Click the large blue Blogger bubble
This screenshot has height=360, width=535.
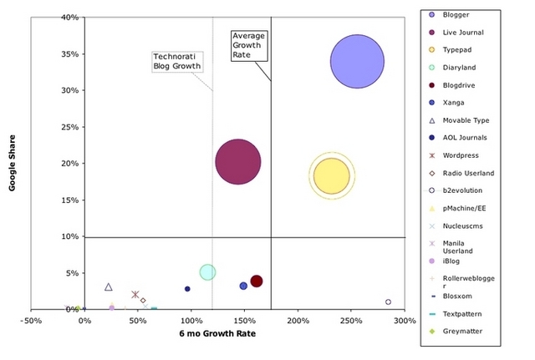coord(357,61)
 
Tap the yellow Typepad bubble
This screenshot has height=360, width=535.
coord(331,175)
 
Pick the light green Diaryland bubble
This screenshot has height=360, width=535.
coord(208,271)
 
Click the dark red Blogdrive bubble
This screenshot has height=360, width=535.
coord(257,281)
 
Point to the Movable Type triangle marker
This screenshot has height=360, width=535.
coord(109,287)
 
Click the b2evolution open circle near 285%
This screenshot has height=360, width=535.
coord(388,302)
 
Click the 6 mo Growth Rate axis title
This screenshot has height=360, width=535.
coord(218,333)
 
